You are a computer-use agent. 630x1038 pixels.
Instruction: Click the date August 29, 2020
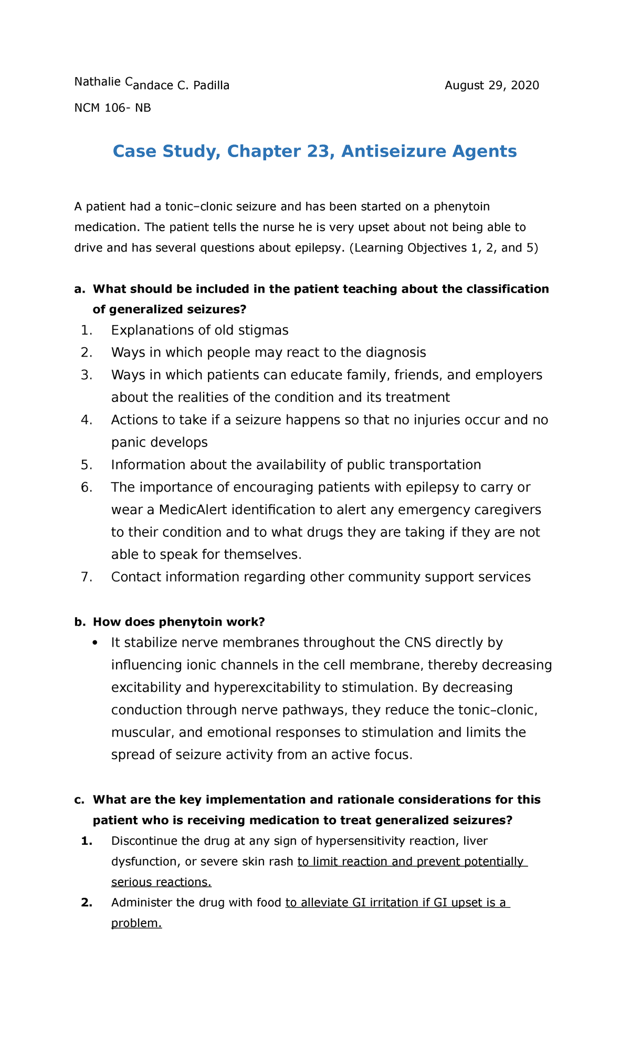pos(491,86)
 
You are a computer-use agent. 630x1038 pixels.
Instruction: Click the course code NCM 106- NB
pos(112,108)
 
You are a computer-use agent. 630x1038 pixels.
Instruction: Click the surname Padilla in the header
pos(211,86)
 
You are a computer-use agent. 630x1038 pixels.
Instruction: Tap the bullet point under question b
pos(94,642)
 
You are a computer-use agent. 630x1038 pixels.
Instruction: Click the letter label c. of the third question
pos(79,800)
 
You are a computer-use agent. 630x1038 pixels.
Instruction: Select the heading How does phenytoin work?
pos(178,622)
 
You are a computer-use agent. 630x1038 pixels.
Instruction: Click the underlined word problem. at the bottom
pos(136,923)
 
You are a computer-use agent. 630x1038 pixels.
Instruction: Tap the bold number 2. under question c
pos(87,902)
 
